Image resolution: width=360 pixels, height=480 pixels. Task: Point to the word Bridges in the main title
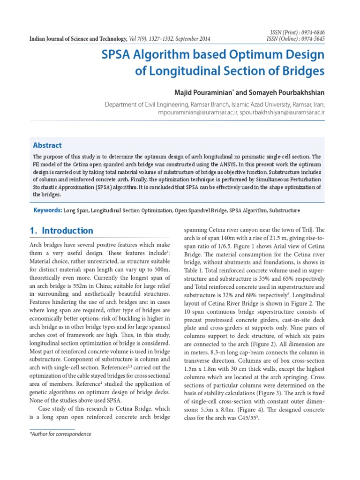pyautogui.click(x=301, y=71)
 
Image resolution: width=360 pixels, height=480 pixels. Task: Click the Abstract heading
pyautogui.click(x=47, y=145)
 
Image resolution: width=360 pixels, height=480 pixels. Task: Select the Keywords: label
pyautogui.click(x=48, y=210)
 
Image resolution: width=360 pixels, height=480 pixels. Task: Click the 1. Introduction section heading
pyautogui.click(x=61, y=231)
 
